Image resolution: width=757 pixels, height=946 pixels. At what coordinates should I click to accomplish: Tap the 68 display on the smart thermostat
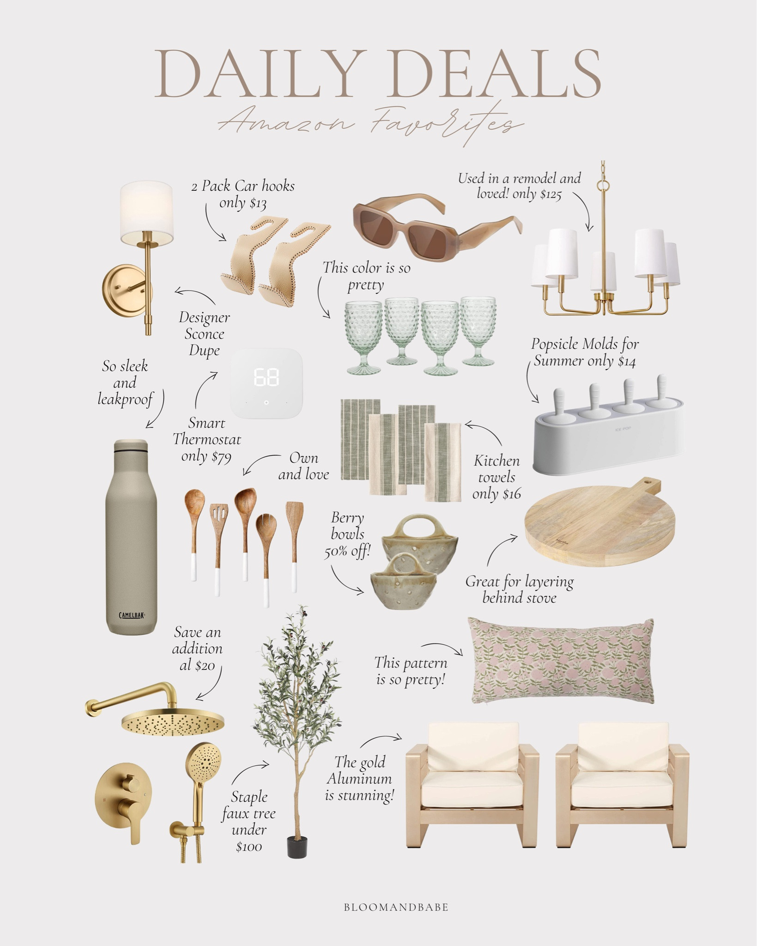[266, 378]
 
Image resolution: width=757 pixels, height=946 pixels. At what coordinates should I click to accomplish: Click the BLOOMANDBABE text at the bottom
[396, 907]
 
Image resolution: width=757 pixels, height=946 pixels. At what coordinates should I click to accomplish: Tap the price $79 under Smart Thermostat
[219, 456]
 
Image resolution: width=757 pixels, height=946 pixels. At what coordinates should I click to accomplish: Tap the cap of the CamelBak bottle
[132, 446]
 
